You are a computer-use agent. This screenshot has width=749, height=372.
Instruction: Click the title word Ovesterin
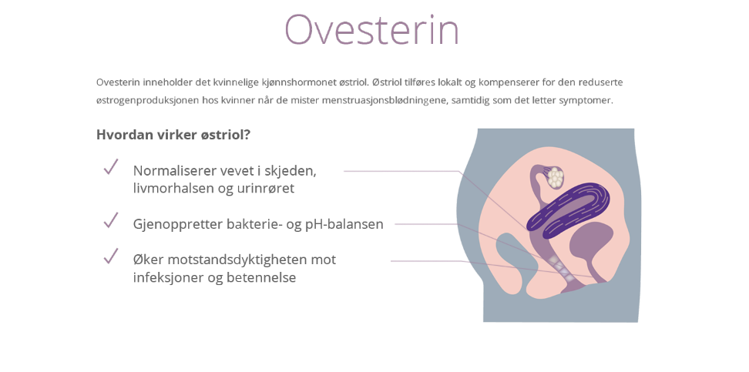coord(371,30)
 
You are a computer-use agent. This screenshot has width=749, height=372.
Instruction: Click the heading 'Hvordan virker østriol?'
coord(173,135)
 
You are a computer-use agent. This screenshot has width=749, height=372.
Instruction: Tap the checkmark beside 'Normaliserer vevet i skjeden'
coord(111,167)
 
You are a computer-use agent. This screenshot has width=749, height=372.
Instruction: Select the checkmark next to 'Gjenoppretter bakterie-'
coord(111,221)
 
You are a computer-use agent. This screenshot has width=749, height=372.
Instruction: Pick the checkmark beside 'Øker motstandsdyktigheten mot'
coord(111,256)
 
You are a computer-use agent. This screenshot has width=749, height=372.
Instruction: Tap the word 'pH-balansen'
coord(344,224)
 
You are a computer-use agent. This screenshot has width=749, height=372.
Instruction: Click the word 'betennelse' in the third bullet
coord(260,277)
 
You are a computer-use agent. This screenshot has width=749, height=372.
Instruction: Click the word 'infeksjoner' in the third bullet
coord(165,277)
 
